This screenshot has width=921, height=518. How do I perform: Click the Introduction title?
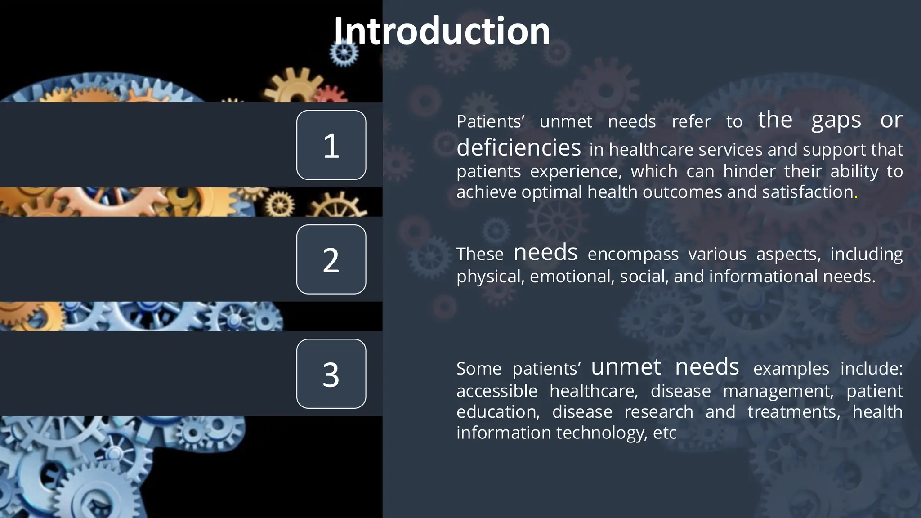pos(442,31)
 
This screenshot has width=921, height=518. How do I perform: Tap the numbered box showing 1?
pos(331,145)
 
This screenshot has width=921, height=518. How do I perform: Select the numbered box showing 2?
pos(331,259)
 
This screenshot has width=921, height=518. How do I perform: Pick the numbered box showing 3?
pos(331,374)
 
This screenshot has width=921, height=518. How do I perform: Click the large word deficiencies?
pos(519,147)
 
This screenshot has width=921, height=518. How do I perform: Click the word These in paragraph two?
pos(480,255)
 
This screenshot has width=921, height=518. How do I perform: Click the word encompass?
pos(633,255)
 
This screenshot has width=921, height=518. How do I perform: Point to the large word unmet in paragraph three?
pos(626,367)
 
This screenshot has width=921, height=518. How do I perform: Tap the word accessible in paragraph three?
pos(496,391)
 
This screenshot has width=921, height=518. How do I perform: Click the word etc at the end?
pos(665,433)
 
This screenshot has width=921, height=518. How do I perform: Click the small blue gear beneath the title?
pos(344,53)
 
